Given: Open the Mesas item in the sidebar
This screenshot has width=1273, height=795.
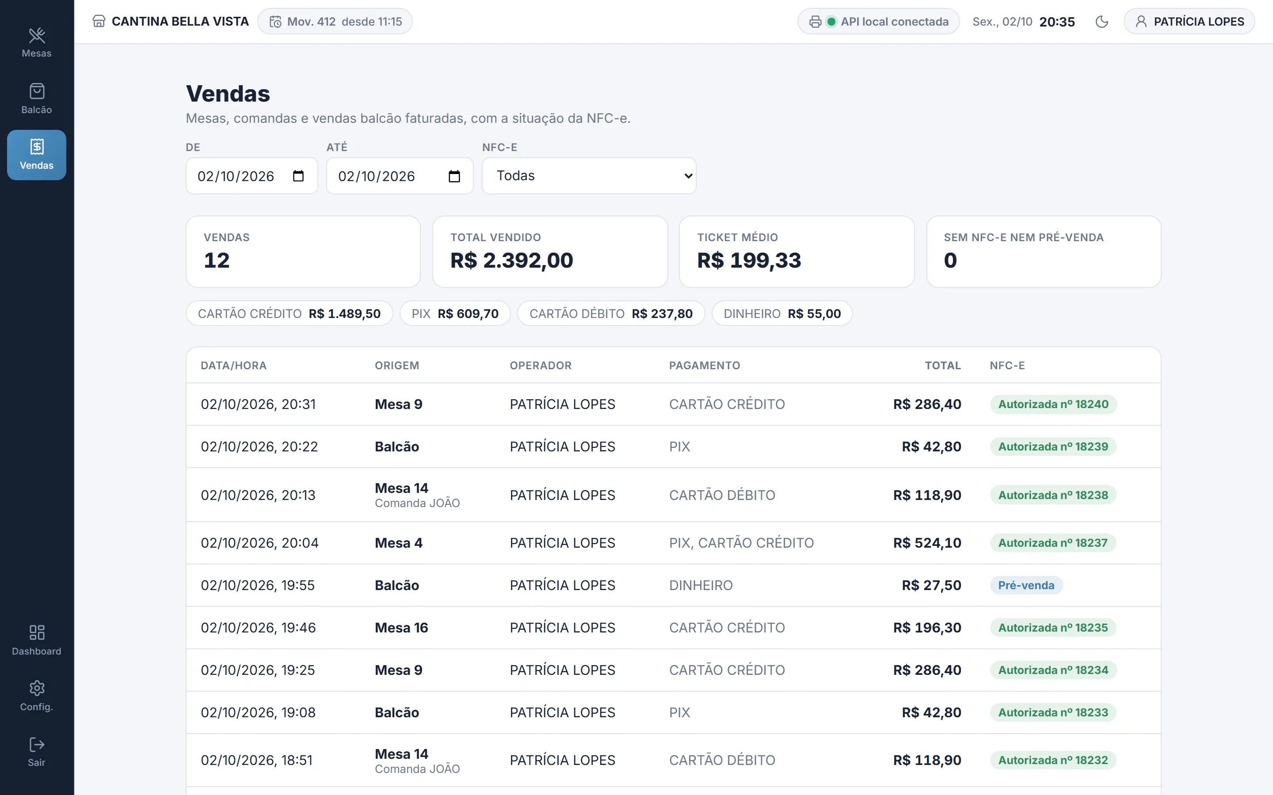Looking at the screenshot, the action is point(36,42).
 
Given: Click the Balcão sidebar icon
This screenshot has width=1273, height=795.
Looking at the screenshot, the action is point(37,91).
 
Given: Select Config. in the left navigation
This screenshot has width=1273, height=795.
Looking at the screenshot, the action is point(36,696).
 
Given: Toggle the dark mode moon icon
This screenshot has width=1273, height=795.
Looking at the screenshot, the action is point(1101,22).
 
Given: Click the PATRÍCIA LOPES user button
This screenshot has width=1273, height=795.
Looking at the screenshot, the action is point(1189,22).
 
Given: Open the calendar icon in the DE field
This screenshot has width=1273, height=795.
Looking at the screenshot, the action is point(298,176).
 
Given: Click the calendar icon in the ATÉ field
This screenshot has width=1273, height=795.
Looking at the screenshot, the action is point(454,176).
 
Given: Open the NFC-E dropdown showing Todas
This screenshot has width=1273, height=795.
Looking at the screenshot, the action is point(589,176).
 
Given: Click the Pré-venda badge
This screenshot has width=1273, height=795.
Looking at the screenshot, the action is point(1026,585).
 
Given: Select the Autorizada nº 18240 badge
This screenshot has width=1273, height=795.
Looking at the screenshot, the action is point(1053,404).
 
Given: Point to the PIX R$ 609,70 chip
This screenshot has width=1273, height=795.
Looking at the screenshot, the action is point(455,314).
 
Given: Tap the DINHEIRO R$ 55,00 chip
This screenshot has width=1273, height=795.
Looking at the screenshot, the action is point(782,314).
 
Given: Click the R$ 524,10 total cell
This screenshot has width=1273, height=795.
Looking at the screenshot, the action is point(927,543).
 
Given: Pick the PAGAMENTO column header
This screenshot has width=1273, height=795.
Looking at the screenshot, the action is point(705,365).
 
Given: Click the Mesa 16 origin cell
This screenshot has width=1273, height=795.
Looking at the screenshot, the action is point(401,628).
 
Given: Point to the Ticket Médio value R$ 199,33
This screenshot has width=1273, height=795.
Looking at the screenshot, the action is point(749,260).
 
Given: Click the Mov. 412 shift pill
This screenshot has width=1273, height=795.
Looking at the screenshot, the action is point(335,22).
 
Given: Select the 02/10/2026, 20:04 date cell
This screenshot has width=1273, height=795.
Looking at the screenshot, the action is point(260,543).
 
